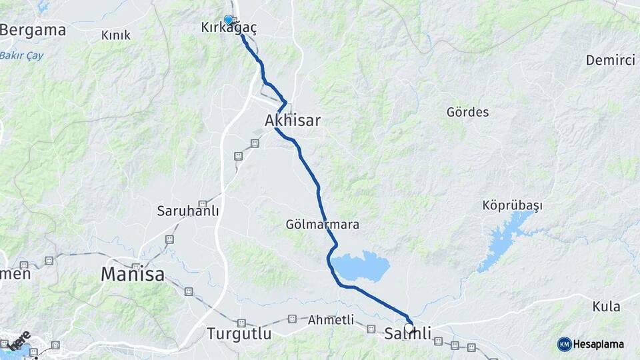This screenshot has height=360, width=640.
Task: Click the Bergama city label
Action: pyautogui.click(x=33, y=30)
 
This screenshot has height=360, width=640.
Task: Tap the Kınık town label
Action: pyautogui.click(x=116, y=35)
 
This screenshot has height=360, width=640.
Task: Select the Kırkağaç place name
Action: pyautogui.click(x=229, y=27)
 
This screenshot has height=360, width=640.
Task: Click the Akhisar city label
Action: pyautogui.click(x=292, y=121)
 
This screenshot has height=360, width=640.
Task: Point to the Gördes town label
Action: pyautogui.click(x=467, y=112)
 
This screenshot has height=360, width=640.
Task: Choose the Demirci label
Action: pyautogui.click(x=610, y=60)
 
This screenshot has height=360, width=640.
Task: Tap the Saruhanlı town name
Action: pyautogui.click(x=188, y=211)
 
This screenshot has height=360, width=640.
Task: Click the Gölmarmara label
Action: pyautogui.click(x=322, y=224)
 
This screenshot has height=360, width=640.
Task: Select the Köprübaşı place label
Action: pyautogui.click(x=512, y=205)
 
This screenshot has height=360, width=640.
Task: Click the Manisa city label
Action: pyautogui.click(x=133, y=273)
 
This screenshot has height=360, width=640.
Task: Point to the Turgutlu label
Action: pyautogui.click(x=239, y=333)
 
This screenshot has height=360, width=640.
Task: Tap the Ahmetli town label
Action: pyautogui.click(x=331, y=320)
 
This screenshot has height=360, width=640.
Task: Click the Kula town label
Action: pyautogui.click(x=606, y=307)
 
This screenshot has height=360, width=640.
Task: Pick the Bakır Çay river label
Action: pyautogui.click(x=21, y=55)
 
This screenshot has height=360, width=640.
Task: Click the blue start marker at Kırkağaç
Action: pyautogui.click(x=229, y=20)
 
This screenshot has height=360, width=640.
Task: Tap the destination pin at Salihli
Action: pyautogui.click(x=409, y=327)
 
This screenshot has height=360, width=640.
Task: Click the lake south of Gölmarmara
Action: pyautogui.click(x=360, y=266)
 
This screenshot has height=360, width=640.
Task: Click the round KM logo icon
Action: pyautogui.click(x=565, y=344)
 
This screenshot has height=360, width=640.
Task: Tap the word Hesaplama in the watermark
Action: pyautogui.click(x=599, y=344)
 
